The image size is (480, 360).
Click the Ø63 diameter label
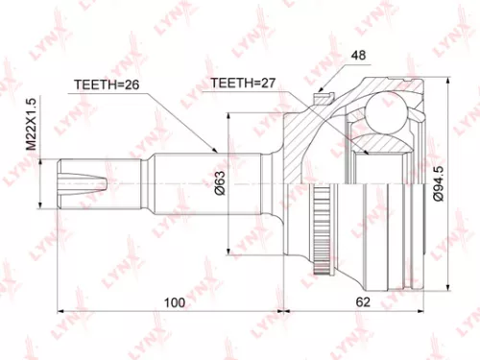tap(220, 180)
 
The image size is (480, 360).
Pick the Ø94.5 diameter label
tap(437, 181)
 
